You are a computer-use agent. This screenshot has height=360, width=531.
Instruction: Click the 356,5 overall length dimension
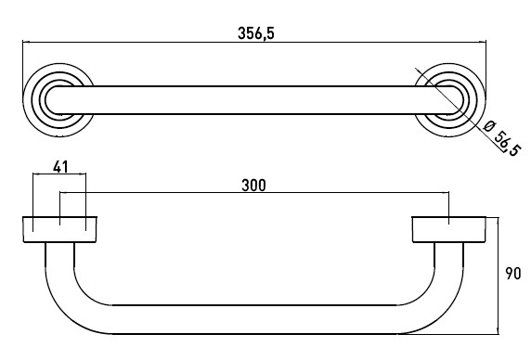pos(255,33)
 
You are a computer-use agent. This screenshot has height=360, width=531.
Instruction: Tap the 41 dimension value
pos(60,166)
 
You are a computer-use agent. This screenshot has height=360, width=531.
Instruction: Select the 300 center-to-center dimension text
pos(254,185)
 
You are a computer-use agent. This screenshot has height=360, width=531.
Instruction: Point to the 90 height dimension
pos(513,274)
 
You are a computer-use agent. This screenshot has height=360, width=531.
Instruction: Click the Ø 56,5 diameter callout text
pos(501,138)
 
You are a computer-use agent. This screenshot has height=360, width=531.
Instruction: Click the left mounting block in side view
pos(60,229)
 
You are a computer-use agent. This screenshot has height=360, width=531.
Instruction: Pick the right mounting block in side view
pos(449,229)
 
